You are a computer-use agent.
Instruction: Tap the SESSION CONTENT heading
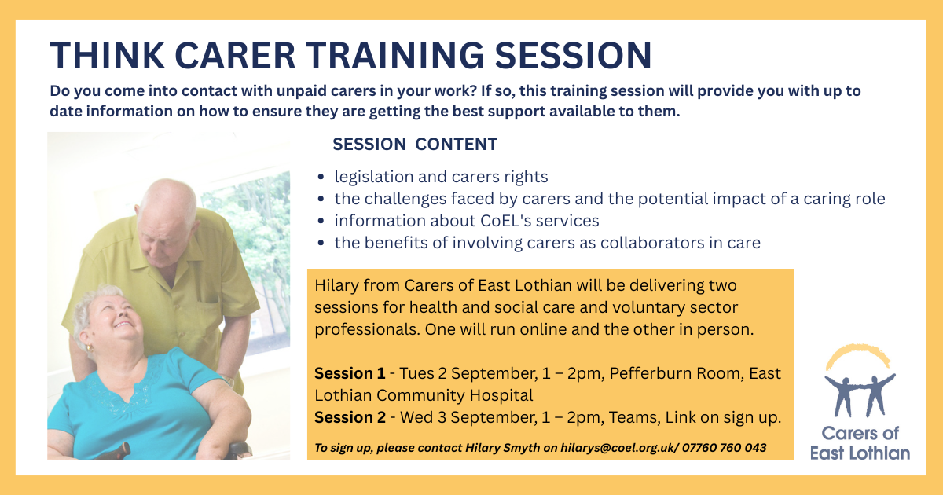415,144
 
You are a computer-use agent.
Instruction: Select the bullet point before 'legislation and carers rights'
321,177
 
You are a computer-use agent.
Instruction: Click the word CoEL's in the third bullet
504,221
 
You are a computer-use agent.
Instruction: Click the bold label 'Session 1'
350,373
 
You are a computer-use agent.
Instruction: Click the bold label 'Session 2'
350,417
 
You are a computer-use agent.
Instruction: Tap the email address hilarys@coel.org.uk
617,448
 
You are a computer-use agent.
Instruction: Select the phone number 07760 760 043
724,447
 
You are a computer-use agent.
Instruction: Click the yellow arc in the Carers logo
858,350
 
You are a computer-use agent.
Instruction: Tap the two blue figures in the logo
860,394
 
